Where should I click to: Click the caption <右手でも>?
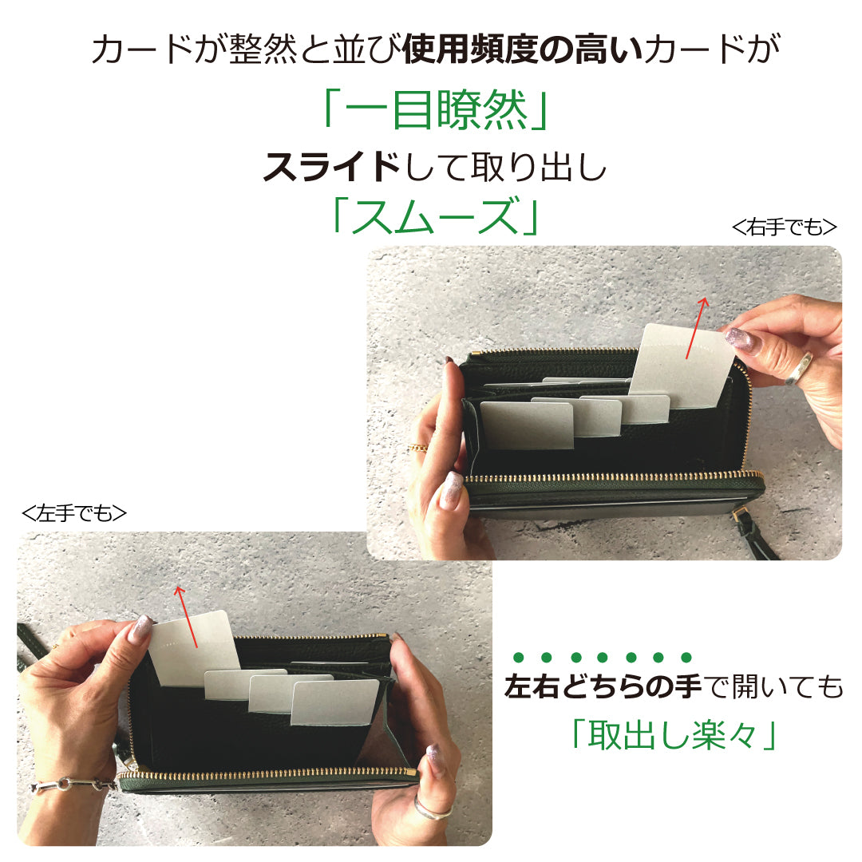click(785, 227)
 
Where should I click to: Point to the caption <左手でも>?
click(74, 513)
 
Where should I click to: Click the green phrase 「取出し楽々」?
click(674, 735)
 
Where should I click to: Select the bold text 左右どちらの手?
click(603, 686)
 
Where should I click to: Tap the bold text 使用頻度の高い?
click(523, 49)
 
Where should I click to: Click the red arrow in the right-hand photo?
click(697, 328)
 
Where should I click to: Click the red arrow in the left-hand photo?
click(187, 616)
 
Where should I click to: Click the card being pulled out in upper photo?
click(682, 365)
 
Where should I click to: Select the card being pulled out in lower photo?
click(194, 649)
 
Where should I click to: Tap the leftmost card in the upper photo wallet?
click(527, 425)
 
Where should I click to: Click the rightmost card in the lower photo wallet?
click(334, 703)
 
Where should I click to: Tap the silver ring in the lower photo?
click(432, 807)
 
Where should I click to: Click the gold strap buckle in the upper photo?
click(740, 515)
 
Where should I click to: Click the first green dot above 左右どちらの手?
click(518, 657)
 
